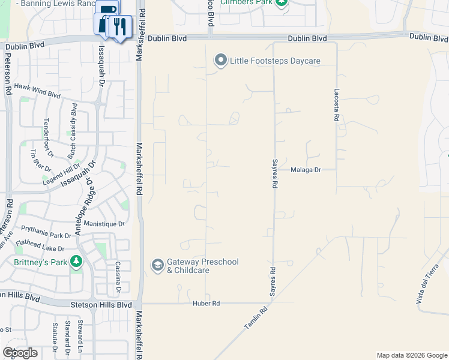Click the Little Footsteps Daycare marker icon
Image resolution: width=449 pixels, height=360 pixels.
[220, 61]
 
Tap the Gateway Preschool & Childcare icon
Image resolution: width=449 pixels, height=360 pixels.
[157, 265]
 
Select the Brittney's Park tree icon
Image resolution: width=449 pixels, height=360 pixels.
[76, 262]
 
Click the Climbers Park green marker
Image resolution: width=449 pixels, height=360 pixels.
[282, 3]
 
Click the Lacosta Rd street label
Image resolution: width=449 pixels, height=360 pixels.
[337, 107]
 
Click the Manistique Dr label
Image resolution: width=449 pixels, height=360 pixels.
[104, 224]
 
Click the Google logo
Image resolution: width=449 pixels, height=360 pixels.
[20, 352]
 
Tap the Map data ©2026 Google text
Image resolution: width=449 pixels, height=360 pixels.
[412, 355]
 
